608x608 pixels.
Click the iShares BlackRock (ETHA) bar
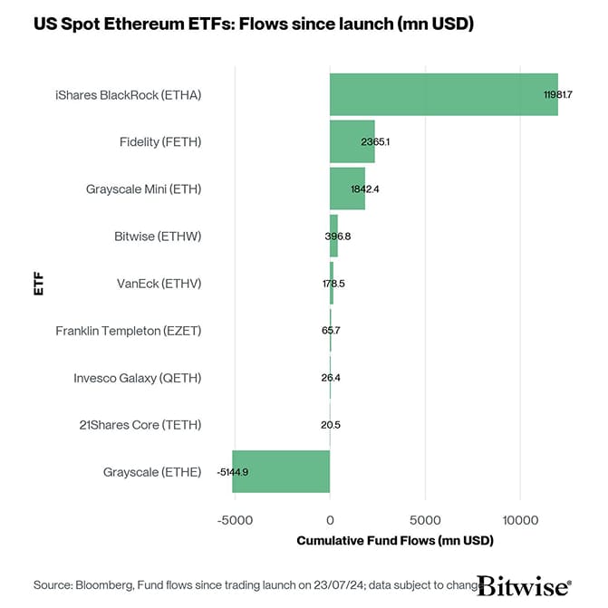tap(443, 94)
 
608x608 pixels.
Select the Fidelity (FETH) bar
tap(352, 141)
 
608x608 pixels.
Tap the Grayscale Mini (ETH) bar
tap(347, 188)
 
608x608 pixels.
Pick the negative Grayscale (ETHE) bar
tap(281, 471)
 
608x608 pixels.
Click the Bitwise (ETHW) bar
tap(333, 236)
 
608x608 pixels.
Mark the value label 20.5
tap(331, 425)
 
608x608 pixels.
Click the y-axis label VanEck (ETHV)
tap(159, 284)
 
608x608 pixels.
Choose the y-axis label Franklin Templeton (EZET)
tap(128, 331)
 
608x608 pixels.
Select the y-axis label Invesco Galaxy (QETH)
tap(137, 378)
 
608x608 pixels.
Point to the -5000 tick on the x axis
tap(234, 520)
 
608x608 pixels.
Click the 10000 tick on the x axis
tap(520, 520)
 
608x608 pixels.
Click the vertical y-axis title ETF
tap(38, 283)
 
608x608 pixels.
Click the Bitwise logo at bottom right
tap(524, 584)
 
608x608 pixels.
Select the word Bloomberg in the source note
tap(108, 584)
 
